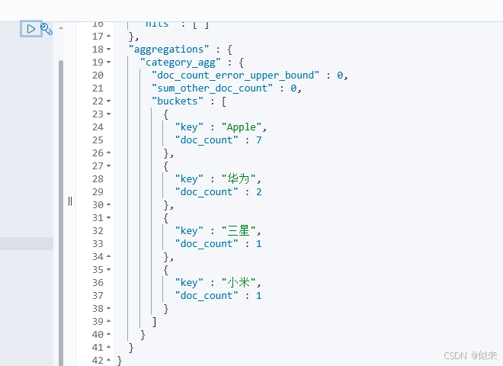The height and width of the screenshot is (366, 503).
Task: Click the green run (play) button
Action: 30,29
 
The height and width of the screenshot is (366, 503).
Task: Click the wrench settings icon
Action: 46,29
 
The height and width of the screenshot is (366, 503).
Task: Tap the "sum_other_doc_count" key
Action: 211,88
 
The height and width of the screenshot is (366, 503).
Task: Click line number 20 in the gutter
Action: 97,75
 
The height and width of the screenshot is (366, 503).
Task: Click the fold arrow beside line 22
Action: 108,101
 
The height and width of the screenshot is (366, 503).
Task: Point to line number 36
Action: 97,282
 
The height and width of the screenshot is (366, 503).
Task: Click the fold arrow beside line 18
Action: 108,50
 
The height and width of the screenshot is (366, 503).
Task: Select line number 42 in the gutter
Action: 97,360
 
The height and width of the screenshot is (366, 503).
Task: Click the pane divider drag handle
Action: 69,201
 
